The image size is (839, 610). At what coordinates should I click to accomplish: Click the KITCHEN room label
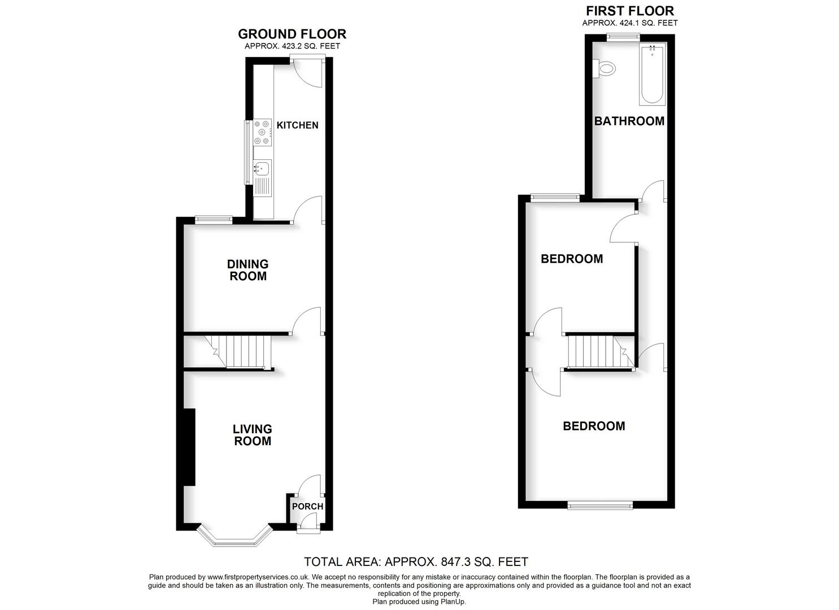click(297, 125)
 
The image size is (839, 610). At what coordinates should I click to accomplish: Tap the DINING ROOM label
click(248, 270)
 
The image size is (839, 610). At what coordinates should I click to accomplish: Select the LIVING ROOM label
click(253, 435)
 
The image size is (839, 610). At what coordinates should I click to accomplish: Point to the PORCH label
click(307, 506)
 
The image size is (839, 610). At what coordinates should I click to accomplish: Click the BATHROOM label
click(629, 121)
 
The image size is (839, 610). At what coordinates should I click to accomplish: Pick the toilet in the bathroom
click(604, 69)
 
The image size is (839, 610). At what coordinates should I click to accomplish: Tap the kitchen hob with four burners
click(262, 132)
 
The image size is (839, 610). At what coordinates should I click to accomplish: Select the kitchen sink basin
click(262, 168)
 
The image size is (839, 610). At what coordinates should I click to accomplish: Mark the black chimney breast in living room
click(189, 447)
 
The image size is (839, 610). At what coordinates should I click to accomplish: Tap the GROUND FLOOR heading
click(292, 34)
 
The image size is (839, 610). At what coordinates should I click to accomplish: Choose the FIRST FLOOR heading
click(630, 11)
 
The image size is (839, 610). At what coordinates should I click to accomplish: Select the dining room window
click(214, 220)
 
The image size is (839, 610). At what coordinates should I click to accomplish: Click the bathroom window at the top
click(623, 37)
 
